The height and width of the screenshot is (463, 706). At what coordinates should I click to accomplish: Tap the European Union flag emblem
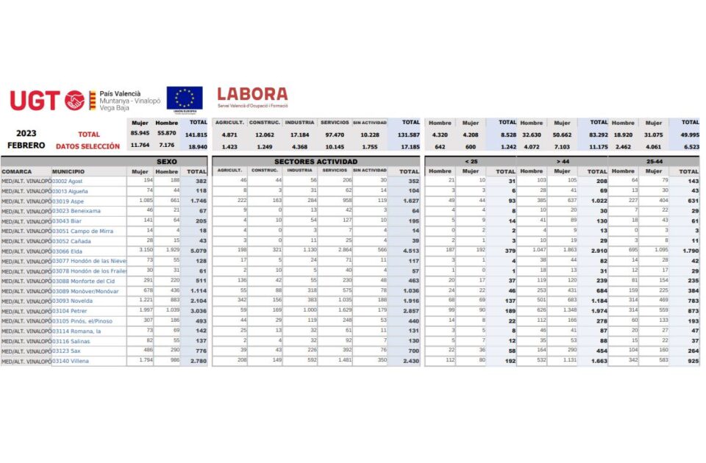coord(184,99)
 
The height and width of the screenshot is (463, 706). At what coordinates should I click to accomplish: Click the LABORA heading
coord(252,94)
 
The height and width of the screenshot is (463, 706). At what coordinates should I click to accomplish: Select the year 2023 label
coord(26,134)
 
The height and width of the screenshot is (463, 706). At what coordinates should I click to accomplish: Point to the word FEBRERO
coord(26,145)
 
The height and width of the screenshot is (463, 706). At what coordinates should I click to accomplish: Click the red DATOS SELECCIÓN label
coord(88,146)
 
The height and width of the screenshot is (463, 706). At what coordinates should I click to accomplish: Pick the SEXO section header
coord(166,161)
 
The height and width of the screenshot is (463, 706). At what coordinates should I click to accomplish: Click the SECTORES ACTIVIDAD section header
coord(315,161)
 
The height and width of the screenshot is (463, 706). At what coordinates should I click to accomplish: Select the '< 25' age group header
coord(471,161)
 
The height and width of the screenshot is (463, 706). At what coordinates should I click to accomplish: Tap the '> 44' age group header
coord(563,161)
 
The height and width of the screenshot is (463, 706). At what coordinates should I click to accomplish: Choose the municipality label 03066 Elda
coord(67,250)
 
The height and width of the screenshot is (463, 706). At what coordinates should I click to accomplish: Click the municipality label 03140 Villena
coord(70,362)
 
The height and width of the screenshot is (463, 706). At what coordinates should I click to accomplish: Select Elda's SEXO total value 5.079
coord(196,250)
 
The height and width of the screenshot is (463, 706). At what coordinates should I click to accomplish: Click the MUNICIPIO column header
coord(68,171)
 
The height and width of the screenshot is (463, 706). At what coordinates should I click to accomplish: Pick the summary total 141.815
coord(196,135)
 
